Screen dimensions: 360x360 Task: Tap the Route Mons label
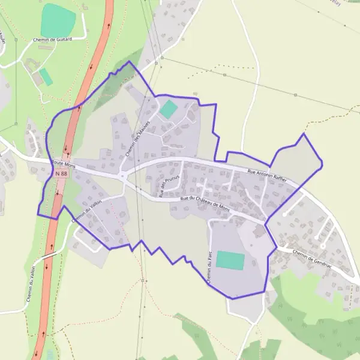(x=62, y=163)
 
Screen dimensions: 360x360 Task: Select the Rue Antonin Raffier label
(x=268, y=175)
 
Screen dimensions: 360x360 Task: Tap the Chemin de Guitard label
(x=52, y=39)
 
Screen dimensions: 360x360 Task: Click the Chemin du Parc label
(x=211, y=268)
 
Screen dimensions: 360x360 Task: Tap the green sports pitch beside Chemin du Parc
(x=230, y=260)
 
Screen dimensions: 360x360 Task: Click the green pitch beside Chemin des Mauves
(x=169, y=109)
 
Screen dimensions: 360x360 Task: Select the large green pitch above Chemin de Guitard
(x=58, y=20)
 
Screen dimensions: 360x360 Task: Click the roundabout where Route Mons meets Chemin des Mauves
(x=122, y=176)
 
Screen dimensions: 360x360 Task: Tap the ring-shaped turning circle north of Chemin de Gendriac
(x=322, y=246)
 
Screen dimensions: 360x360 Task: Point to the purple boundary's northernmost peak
(x=128, y=61)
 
